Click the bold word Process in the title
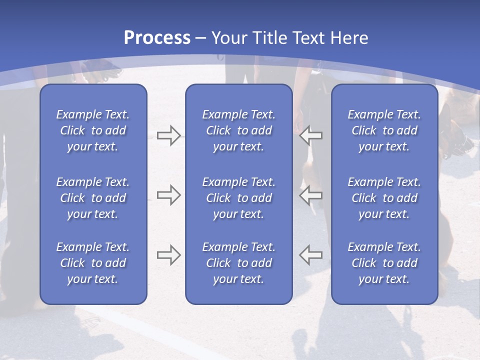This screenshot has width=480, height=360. (x=157, y=38)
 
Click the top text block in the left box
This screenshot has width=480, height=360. (x=93, y=130)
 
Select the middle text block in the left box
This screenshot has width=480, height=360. (x=93, y=198)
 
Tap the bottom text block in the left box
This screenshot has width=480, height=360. (x=93, y=263)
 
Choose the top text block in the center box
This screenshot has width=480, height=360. (x=238, y=130)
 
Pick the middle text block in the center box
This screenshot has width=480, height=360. (x=238, y=198)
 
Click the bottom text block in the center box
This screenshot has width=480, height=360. (x=238, y=263)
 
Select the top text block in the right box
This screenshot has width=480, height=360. (x=384, y=130)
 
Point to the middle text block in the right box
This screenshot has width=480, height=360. (x=384, y=198)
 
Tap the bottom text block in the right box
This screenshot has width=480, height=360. (x=384, y=263)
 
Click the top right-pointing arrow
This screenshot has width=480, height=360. (x=168, y=135)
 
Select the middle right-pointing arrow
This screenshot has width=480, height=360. (x=168, y=195)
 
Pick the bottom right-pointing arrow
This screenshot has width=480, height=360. (x=168, y=255)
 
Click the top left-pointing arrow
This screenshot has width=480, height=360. (x=310, y=135)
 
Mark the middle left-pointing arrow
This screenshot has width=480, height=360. (x=310, y=195)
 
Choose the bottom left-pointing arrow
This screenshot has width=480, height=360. (x=310, y=255)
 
